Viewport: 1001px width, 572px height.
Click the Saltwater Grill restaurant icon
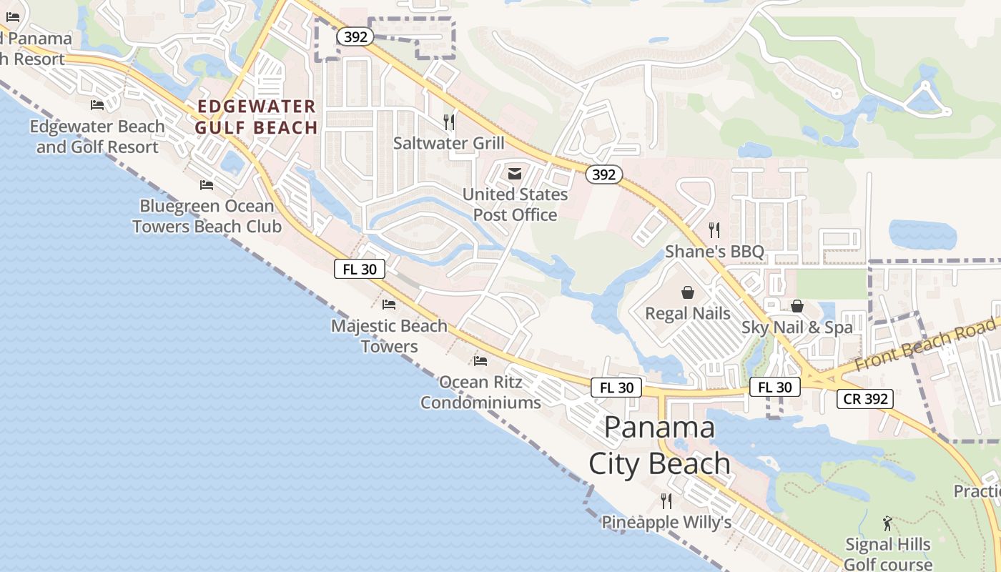449,122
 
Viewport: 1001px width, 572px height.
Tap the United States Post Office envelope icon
515,174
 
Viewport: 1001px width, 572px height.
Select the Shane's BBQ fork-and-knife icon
714,230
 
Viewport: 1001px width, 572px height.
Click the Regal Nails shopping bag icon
688,292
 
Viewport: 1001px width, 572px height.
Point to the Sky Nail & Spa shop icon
797,307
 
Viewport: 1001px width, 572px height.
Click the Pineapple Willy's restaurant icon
666,501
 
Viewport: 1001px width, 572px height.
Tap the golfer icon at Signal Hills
887,523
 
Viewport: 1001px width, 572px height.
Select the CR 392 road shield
866,399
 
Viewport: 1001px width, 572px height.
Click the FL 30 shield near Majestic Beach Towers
360,269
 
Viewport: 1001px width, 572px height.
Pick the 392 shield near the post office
604,174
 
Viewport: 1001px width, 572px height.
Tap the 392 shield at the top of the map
355,36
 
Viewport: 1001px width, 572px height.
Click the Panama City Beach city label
659,445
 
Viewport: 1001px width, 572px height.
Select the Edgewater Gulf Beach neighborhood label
257,117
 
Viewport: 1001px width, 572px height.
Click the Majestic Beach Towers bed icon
389,305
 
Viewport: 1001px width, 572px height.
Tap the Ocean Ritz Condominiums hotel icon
480,361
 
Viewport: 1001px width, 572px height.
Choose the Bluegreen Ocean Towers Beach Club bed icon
207,185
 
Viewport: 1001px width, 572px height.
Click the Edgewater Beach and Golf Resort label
97,137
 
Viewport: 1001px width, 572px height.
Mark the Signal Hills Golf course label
888,554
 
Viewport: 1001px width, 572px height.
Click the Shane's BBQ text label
714,252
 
